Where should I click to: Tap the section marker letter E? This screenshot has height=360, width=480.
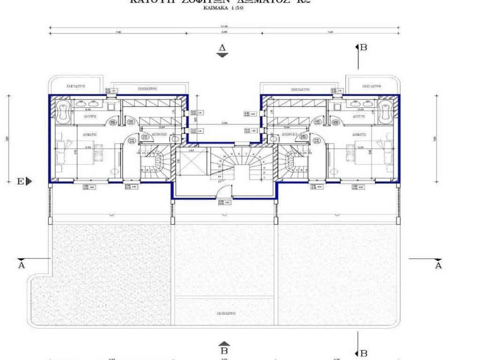click(21, 181)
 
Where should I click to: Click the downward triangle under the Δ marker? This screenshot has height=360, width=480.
click(222, 55)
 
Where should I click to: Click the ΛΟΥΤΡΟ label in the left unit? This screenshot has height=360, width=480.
click(90, 115)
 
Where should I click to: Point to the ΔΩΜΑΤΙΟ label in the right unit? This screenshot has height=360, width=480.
click(360, 134)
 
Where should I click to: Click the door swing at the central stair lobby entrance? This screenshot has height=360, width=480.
click(226, 189)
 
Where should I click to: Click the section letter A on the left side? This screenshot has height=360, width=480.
click(21, 265)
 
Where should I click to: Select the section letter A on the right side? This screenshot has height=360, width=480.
click(438, 265)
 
